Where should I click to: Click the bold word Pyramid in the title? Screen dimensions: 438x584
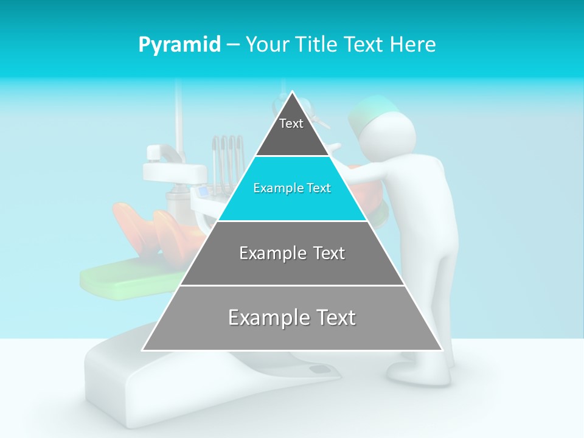(179, 45)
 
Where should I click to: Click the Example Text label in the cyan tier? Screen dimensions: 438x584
(292, 188)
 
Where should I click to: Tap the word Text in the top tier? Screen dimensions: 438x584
(291, 123)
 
